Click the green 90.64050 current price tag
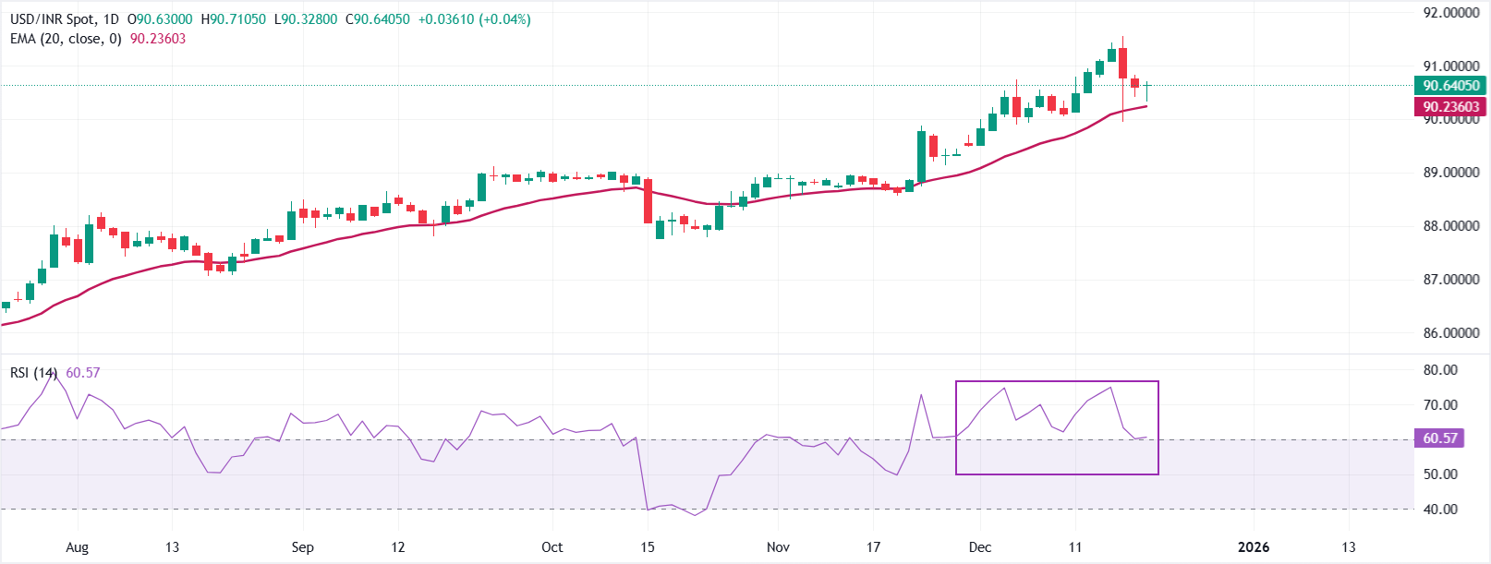click(1450, 86)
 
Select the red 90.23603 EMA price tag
click(1450, 107)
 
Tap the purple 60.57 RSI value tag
click(1439, 438)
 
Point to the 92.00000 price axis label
click(1450, 13)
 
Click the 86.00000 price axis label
click(1450, 333)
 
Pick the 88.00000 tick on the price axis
click(1450, 226)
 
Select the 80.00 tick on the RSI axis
click(1440, 370)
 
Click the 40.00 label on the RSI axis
click(1440, 510)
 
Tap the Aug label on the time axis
click(78, 547)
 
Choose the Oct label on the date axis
click(552, 547)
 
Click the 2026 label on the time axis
click(1254, 547)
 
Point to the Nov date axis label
click(778, 547)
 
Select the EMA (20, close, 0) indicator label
click(66, 39)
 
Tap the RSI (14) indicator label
click(33, 373)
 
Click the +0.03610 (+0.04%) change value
click(474, 19)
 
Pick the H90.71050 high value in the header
click(234, 19)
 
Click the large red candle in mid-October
click(648, 200)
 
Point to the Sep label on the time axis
click(302, 547)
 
